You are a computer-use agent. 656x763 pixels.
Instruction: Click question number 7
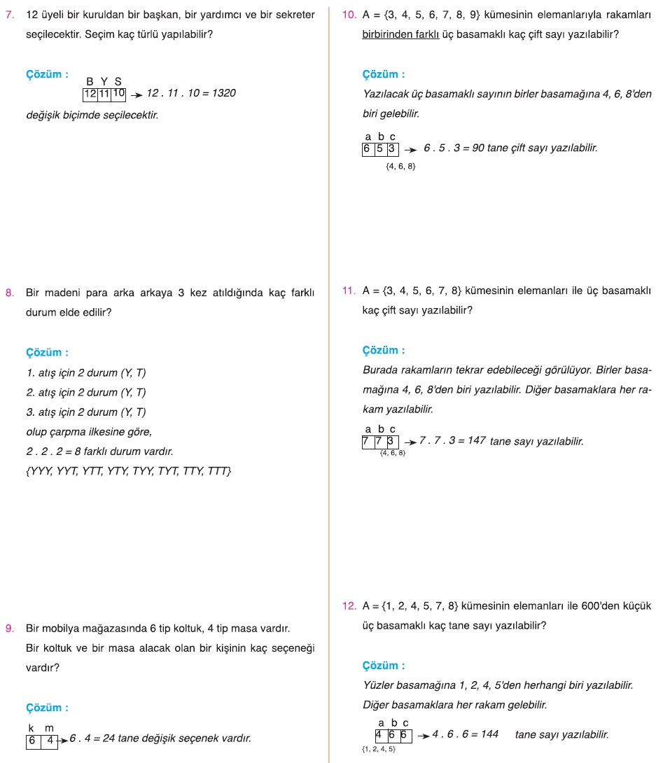pos(8,15)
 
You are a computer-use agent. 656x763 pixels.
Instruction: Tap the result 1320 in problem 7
pos(222,93)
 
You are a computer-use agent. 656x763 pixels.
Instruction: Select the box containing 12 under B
pos(90,93)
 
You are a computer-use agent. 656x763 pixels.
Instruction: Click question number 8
pos(8,293)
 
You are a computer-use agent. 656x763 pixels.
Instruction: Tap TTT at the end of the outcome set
pos(218,471)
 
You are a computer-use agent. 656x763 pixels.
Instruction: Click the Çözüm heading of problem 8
pos(47,353)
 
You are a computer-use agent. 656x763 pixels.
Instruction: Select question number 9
pos(8,628)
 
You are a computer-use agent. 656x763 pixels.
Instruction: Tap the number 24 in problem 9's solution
pos(109,738)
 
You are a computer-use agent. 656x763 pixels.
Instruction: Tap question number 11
pos(350,290)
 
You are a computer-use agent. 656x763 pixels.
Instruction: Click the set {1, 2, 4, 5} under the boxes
pos(378,750)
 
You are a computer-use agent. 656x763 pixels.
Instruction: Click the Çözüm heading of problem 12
pos(384,666)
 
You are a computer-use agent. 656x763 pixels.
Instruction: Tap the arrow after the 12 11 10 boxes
pos(136,94)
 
